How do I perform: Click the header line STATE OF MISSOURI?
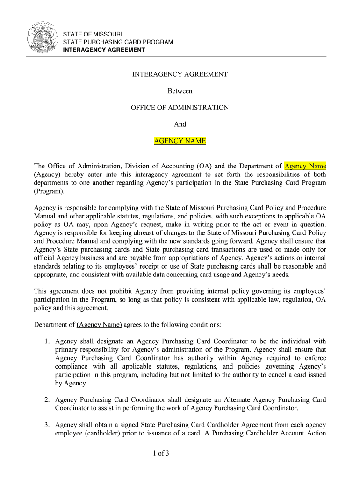tap(93, 35)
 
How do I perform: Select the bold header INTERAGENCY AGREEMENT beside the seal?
tap(104, 50)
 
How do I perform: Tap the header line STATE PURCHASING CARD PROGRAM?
tap(118, 42)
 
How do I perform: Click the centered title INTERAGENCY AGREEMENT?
tap(180, 74)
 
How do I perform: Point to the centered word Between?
tap(180, 91)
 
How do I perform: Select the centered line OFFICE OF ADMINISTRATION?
tap(180, 108)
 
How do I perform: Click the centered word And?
tap(180, 124)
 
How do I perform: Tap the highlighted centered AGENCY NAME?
tap(180, 141)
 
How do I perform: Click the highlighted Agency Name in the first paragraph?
tap(305, 166)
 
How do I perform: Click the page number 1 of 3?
tap(160, 453)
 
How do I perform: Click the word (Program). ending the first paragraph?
tap(49, 191)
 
